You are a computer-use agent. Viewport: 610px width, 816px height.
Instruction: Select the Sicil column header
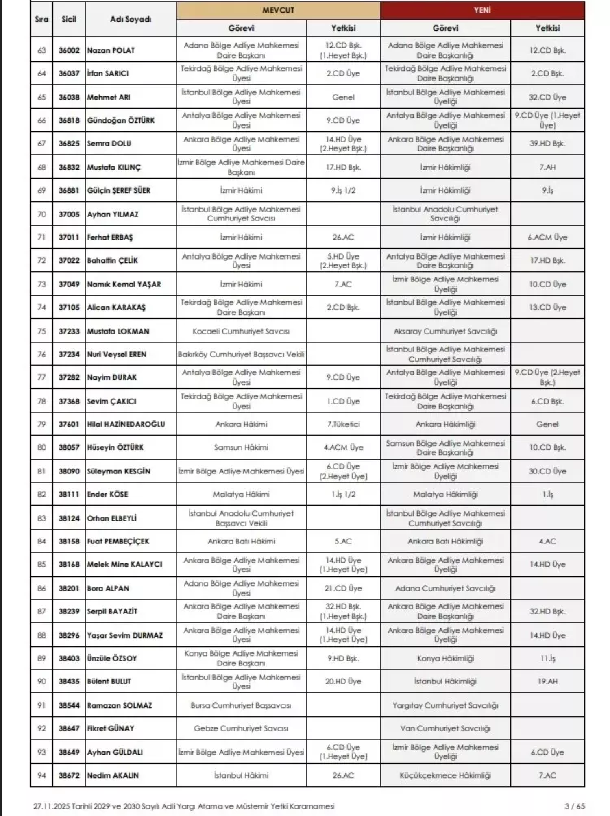click(68, 18)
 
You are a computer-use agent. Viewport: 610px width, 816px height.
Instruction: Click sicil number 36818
click(68, 120)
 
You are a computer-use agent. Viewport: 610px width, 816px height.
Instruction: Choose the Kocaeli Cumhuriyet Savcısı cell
click(242, 332)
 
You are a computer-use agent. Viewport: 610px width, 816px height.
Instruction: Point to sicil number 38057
click(68, 447)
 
